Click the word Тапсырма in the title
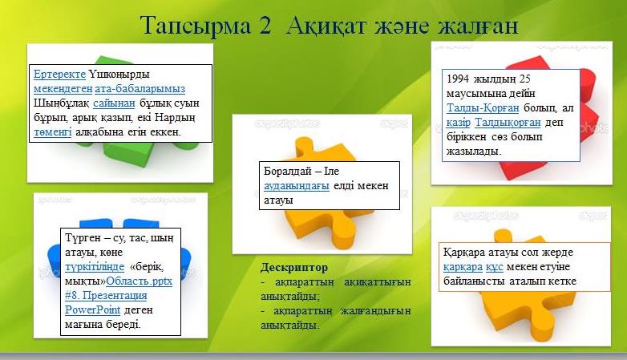tap(196, 26)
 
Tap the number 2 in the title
tap(265, 26)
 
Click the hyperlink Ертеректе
tap(59, 75)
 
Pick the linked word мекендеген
tap(63, 89)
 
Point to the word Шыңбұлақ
tap(61, 103)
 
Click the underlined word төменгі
tap(52, 132)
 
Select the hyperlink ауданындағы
tap(297, 186)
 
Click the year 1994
tap(458, 79)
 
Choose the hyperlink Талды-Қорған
tap(483, 108)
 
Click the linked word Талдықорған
tap(508, 123)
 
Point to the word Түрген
tap(83, 238)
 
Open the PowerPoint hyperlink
tap(92, 310)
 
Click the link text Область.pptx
tap(140, 281)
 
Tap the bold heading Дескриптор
tap(294, 267)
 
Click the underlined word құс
tap(494, 267)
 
